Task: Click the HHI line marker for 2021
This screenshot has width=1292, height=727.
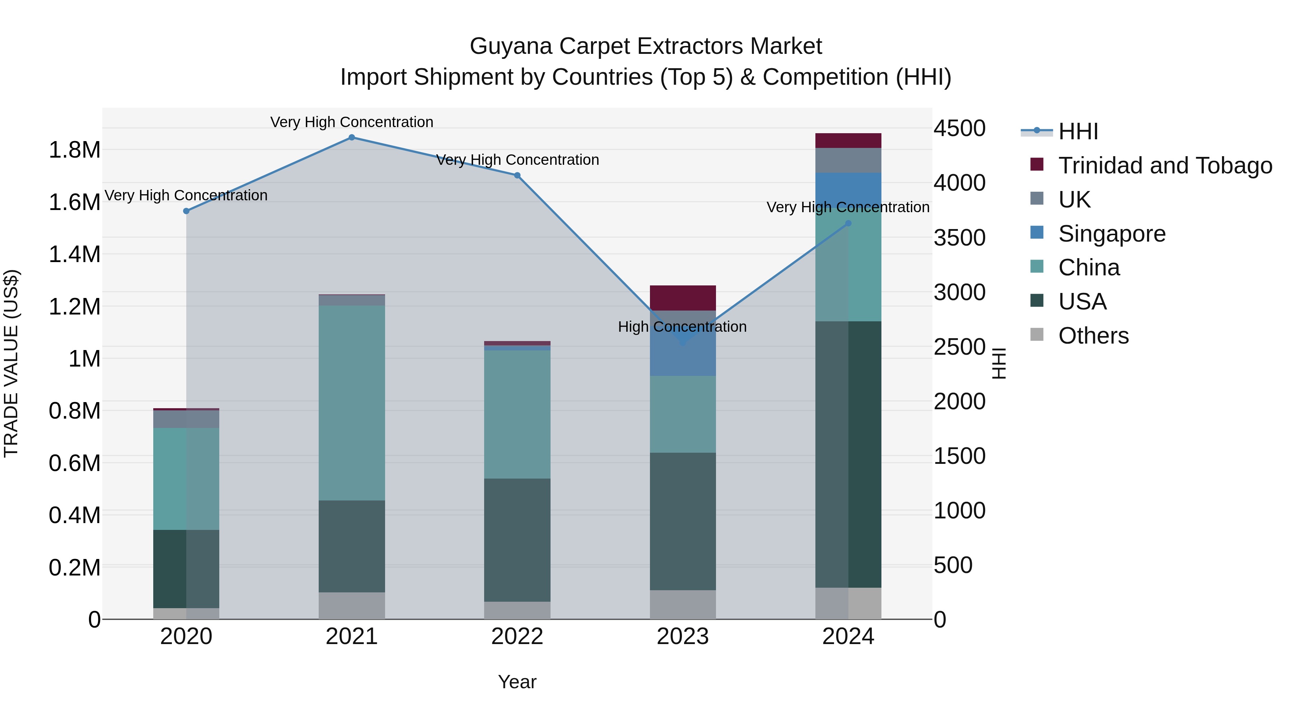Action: click(352, 138)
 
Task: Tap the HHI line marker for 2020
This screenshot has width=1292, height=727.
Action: click(186, 211)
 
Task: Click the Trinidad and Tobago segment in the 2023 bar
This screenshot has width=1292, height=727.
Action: click(683, 298)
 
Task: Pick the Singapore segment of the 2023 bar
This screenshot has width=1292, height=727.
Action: click(683, 351)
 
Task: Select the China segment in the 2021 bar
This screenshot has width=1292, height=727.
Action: click(352, 403)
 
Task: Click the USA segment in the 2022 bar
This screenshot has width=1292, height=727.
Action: click(517, 540)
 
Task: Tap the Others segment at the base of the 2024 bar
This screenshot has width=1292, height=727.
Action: click(848, 603)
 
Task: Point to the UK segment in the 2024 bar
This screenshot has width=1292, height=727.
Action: click(848, 160)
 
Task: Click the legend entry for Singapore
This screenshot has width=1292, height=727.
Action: click(1111, 234)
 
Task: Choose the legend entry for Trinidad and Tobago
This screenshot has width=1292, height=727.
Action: click(1165, 166)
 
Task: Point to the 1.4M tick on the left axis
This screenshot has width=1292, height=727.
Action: click(74, 255)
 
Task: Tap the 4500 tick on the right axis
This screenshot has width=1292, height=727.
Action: click(959, 129)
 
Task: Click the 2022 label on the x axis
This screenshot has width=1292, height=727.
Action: click(517, 637)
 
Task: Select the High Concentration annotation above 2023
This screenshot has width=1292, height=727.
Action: click(682, 327)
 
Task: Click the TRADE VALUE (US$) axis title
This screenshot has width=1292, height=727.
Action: click(11, 363)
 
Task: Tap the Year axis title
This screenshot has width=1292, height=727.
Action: click(517, 682)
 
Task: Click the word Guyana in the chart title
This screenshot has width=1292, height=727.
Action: click(511, 46)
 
